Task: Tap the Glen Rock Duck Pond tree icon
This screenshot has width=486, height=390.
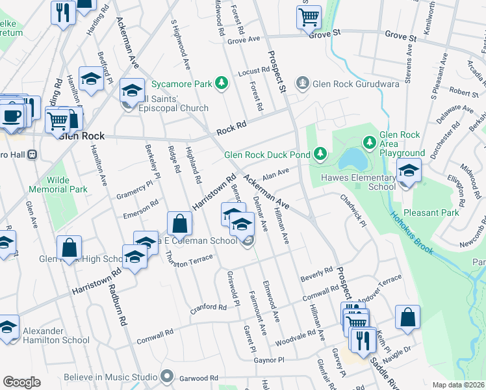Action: [320, 154]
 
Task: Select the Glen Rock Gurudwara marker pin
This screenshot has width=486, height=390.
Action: [301, 83]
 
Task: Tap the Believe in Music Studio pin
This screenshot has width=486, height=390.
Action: [168, 376]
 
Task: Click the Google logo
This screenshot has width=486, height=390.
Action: [21, 382]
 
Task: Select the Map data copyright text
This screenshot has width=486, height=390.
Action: [458, 385]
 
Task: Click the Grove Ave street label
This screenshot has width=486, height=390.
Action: [244, 41]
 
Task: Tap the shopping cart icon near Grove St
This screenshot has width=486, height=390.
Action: [309, 16]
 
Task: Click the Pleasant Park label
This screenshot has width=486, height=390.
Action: [431, 213]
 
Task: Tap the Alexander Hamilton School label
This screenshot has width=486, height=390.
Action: [56, 335]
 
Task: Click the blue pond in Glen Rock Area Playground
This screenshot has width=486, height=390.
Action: [350, 158]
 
